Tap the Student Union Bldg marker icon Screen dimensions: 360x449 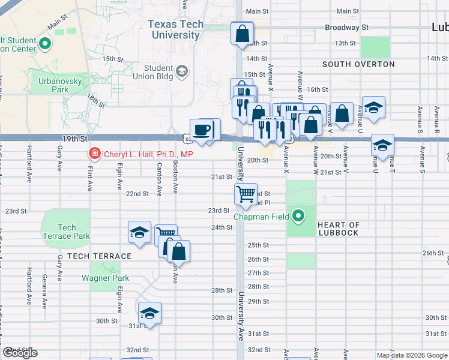click(181, 72)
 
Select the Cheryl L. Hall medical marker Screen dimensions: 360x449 click(94, 154)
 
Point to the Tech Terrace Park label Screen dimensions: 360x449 click(67, 232)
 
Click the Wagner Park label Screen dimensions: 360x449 click(105, 278)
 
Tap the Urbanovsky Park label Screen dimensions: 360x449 click(53, 85)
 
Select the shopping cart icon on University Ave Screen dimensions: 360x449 click(246, 194)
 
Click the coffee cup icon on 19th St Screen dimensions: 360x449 click(202, 130)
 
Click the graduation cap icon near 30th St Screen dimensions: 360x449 click(149, 313)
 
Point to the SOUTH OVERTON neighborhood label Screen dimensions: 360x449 click(358, 64)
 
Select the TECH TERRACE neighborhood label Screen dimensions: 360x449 click(99, 256)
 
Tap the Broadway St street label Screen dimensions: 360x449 click(346, 28)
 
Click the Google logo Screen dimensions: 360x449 click(20, 353)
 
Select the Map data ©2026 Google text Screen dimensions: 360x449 click(411, 355)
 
